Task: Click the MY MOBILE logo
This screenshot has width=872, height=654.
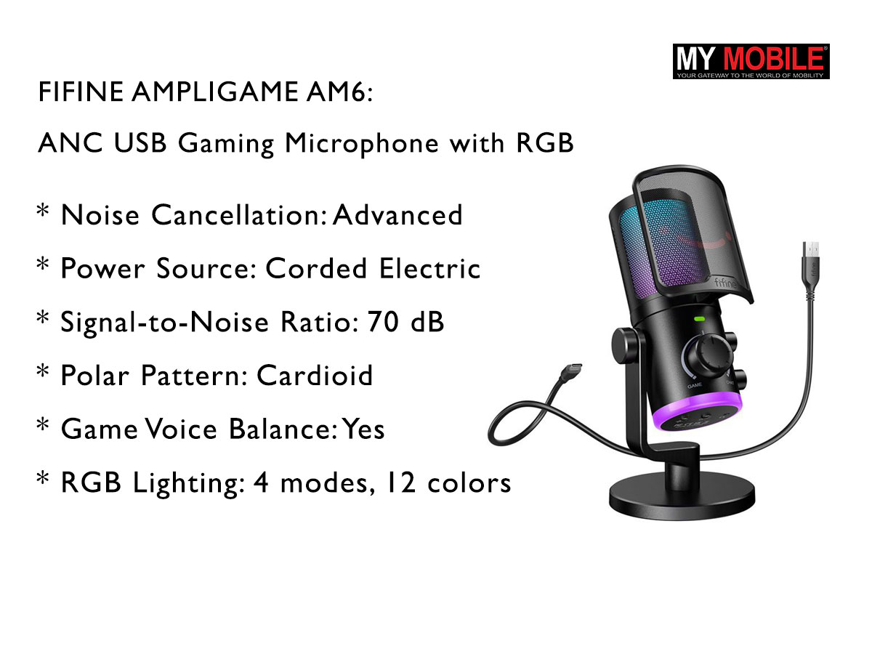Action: coord(751,61)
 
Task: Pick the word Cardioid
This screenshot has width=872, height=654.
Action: coord(315,376)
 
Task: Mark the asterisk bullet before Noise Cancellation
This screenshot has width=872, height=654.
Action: coord(43,212)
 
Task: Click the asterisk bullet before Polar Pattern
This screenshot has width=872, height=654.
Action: coord(43,373)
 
